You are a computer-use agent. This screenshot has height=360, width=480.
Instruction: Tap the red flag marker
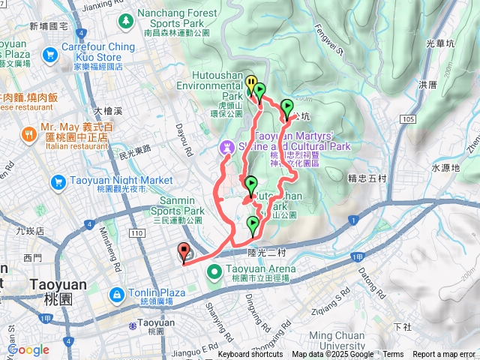point(184,252)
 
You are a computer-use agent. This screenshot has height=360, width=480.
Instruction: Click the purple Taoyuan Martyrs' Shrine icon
point(226,146)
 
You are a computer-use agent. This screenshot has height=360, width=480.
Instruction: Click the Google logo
point(28,349)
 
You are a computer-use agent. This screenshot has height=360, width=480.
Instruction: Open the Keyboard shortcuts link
point(250,355)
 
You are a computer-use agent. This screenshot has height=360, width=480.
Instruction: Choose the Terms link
point(393,355)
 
